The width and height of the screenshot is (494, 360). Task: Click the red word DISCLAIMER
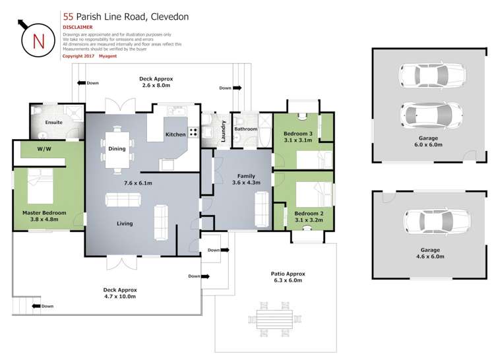coord(78,27)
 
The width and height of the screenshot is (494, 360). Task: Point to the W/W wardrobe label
coord(44,150)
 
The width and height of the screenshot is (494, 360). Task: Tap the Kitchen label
coord(175,135)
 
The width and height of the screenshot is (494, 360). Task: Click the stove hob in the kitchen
coord(193,131)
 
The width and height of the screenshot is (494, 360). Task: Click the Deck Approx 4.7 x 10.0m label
coord(119,293)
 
